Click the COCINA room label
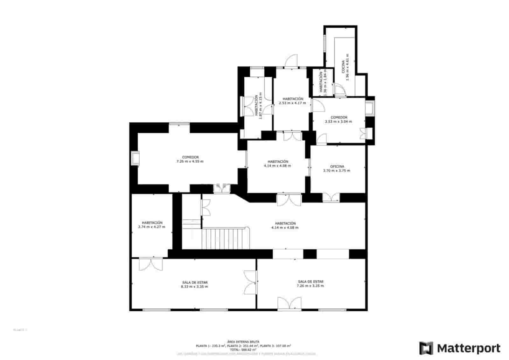(343, 67)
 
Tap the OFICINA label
(337, 166)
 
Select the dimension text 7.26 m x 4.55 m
(190, 161)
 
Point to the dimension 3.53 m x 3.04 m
(338, 122)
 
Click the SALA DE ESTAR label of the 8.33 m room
(195, 282)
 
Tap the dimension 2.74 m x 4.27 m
(152, 227)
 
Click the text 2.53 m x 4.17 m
(292, 103)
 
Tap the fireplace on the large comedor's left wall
(135, 159)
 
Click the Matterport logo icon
(426, 348)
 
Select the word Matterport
(468, 348)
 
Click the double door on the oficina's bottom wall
(331, 197)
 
